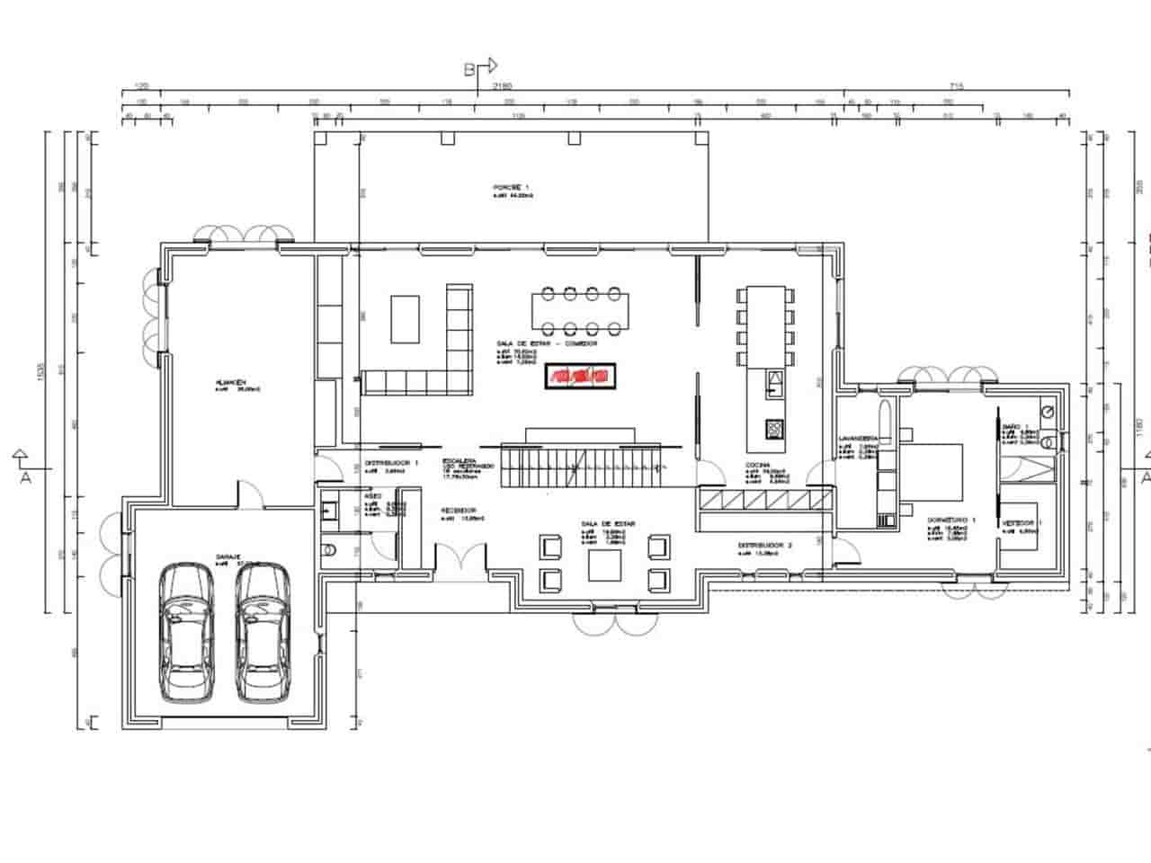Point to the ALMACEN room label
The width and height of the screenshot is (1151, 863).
(x=230, y=382)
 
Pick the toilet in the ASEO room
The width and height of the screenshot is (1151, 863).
(x=328, y=549)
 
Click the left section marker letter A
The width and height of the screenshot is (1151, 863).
(x=25, y=477)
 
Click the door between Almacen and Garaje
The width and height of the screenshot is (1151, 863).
(x=249, y=494)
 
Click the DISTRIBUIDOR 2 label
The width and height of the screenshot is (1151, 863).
(x=764, y=545)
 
